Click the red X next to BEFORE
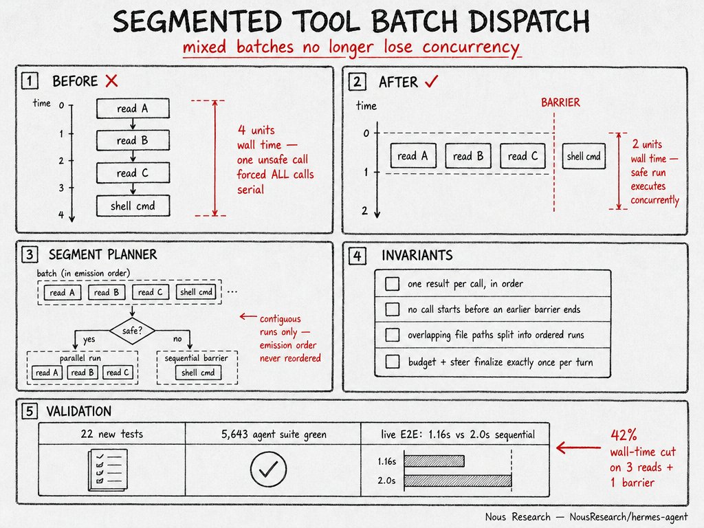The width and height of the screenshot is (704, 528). [x=111, y=81]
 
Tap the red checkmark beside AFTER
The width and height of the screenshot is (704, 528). [x=432, y=81]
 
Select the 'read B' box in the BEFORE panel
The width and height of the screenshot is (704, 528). [x=133, y=140]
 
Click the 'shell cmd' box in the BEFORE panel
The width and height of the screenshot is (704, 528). [x=133, y=206]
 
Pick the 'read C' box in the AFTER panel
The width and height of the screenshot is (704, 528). [x=522, y=156]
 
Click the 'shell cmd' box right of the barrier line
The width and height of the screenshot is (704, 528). [x=584, y=156]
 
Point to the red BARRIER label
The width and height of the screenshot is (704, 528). [x=560, y=103]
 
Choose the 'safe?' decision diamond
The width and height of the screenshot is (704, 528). [x=132, y=331]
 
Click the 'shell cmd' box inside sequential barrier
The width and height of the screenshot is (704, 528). [x=198, y=372]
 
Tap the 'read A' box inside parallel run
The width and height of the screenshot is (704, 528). [x=47, y=372]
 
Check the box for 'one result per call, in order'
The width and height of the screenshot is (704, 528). [x=393, y=284]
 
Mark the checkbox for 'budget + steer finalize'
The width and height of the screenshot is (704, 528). [x=393, y=362]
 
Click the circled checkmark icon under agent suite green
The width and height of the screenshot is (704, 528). [x=268, y=469]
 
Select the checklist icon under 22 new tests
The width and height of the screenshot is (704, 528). [x=108, y=469]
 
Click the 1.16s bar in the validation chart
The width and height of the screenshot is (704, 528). [x=434, y=461]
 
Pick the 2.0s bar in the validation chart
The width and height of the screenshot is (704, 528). [x=457, y=481]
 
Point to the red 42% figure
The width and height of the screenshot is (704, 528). [x=624, y=434]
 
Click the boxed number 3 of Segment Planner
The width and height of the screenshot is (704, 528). [x=30, y=254]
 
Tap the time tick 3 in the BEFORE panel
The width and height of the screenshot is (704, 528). [x=61, y=188]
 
